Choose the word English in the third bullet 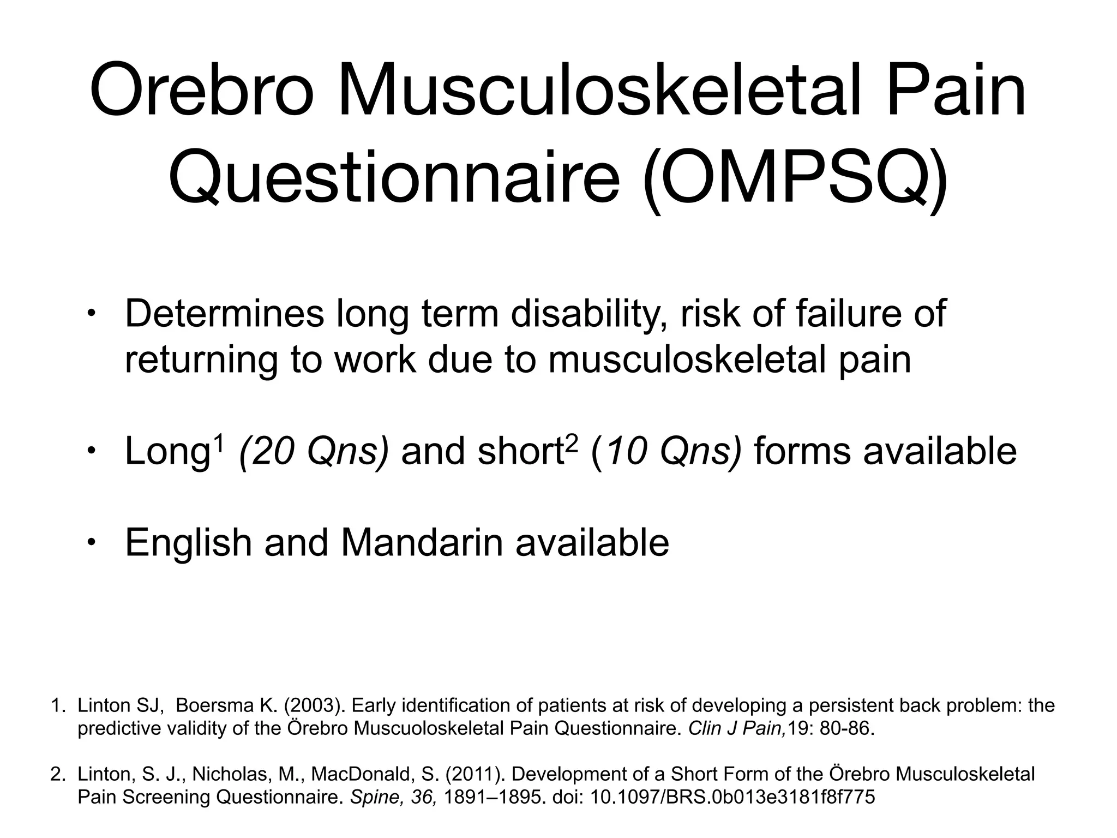point(188,542)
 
